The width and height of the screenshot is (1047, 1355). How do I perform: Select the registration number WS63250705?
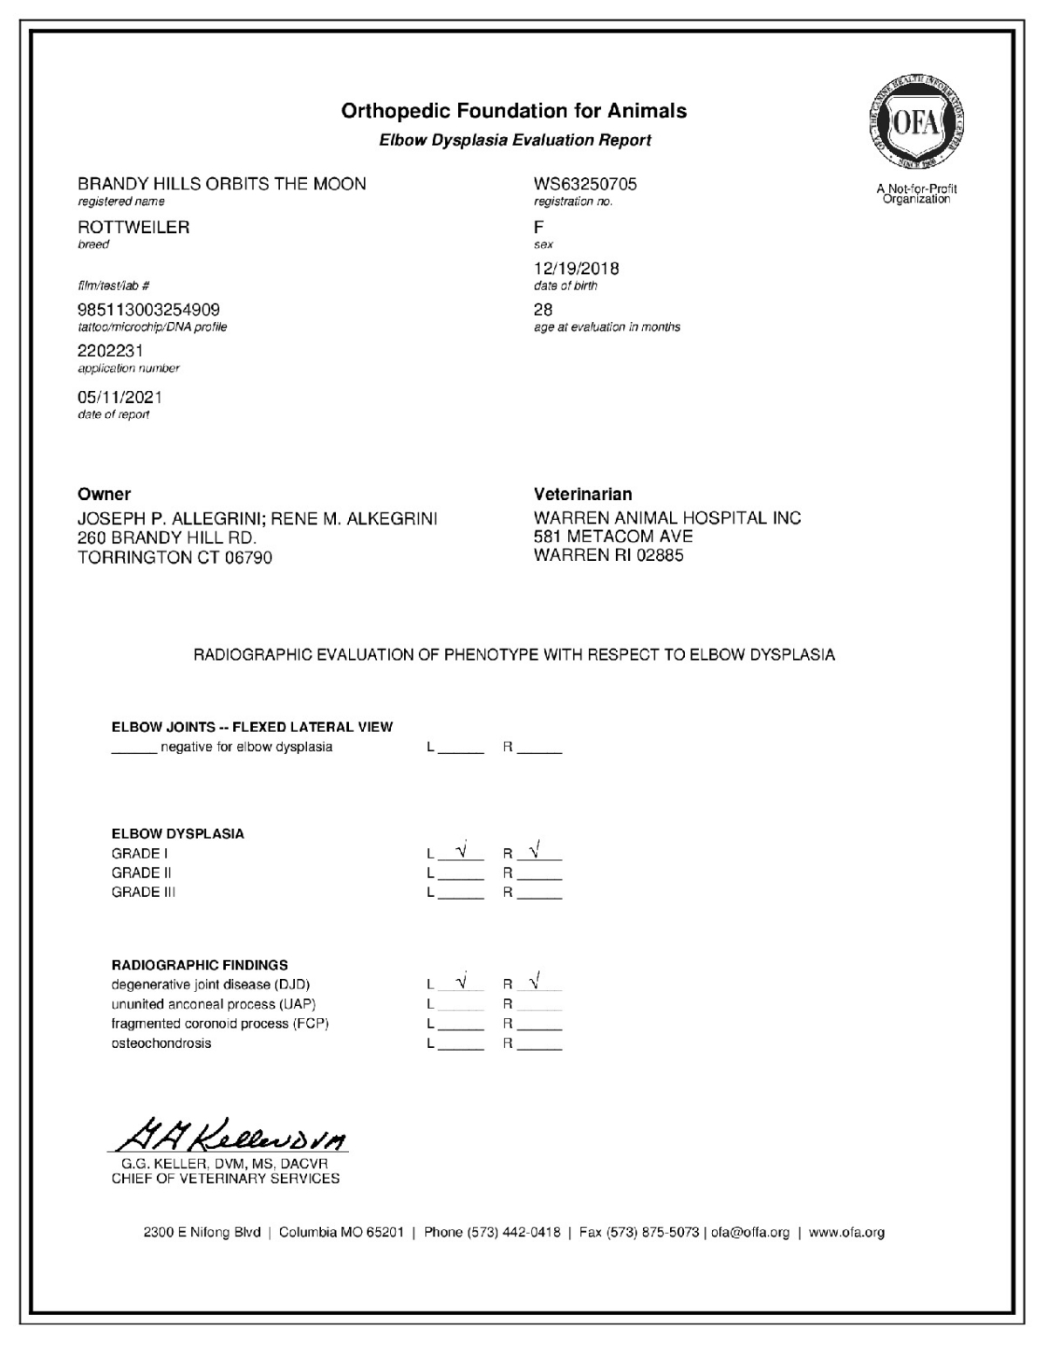point(585,184)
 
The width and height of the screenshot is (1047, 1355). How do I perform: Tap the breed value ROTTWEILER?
point(133,227)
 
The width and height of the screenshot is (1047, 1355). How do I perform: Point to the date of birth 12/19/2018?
point(576,269)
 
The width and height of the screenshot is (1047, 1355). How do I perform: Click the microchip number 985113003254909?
point(148,310)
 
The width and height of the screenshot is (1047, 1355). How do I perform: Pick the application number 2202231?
point(110,351)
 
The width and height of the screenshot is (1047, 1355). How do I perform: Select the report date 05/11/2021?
point(120,397)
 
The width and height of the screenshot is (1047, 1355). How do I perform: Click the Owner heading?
point(104,494)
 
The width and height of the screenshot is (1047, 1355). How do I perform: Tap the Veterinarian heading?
point(583,494)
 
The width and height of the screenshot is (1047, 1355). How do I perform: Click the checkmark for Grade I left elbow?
point(462,848)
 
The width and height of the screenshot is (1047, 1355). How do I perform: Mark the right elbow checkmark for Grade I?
point(535,848)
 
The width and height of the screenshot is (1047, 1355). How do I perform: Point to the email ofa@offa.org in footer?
point(750,1233)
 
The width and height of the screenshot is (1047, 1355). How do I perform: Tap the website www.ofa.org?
point(846,1233)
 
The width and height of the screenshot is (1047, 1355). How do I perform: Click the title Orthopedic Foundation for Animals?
point(514,111)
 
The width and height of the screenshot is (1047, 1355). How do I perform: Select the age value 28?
point(543,310)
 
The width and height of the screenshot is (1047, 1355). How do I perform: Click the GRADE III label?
point(143,893)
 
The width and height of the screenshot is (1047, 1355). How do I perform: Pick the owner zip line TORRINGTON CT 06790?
point(174,558)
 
